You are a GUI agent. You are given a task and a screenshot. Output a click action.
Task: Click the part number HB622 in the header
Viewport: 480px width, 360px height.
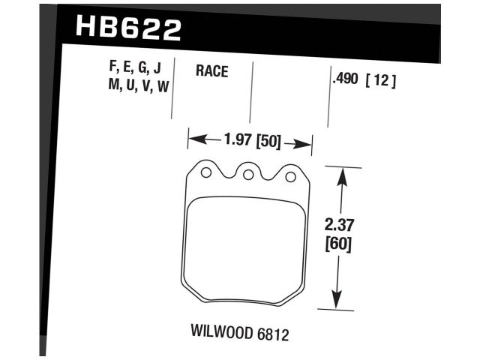[128, 29]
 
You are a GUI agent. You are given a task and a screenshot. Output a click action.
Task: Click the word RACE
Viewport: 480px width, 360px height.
[211, 72]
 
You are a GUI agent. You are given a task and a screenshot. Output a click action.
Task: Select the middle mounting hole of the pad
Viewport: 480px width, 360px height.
[247, 175]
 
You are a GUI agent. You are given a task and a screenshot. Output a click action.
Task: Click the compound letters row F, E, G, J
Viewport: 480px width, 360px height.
[134, 70]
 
